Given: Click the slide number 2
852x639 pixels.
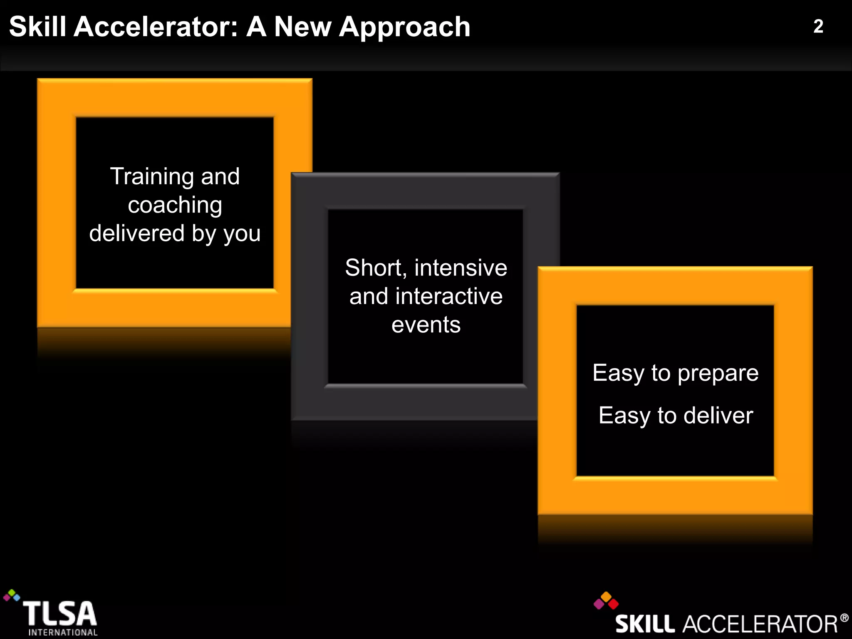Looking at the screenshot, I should [818, 27].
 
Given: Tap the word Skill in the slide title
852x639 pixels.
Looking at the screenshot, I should [37, 27].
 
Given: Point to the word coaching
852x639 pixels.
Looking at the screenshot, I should [175, 206].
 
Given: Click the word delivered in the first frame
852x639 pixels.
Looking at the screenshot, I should [136, 233].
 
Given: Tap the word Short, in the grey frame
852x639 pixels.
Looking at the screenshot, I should [376, 268].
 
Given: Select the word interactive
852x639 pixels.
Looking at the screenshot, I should [449, 296].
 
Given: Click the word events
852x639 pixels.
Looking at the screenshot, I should [426, 324].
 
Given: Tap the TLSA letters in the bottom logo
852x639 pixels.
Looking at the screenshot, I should [59, 614].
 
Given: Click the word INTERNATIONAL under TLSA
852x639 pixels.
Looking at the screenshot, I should [63, 632].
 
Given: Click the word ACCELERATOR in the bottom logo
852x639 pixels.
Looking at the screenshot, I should [760, 624].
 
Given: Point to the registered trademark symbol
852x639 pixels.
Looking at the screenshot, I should [844, 618].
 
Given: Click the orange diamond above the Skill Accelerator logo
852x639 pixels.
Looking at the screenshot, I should [606, 597].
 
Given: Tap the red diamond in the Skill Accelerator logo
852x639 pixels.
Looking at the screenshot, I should [613, 604].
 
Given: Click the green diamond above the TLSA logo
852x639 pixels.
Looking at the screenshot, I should [12, 592].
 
